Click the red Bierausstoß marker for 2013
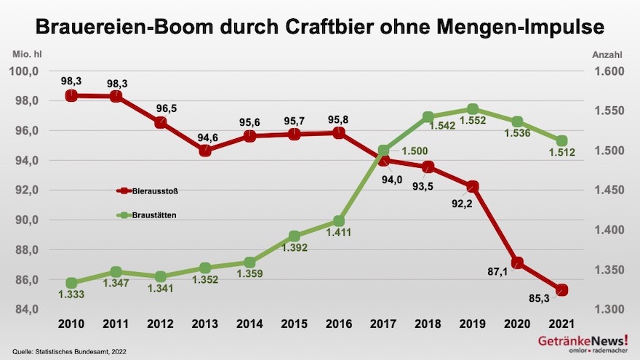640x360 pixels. [205, 151]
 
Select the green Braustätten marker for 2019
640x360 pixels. [473, 111]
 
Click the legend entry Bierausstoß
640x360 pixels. [148, 191]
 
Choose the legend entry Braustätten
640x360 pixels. [148, 215]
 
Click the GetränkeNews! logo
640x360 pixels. [583, 344]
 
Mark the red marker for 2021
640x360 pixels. [561, 290]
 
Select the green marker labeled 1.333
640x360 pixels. [71, 283]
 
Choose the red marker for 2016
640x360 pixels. [339, 132]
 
